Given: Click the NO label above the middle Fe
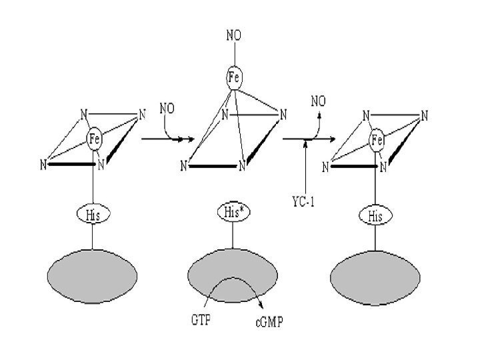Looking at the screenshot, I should [234, 35].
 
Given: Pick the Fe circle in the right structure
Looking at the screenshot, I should [377, 140].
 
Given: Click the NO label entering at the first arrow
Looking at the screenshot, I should [167, 107].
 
